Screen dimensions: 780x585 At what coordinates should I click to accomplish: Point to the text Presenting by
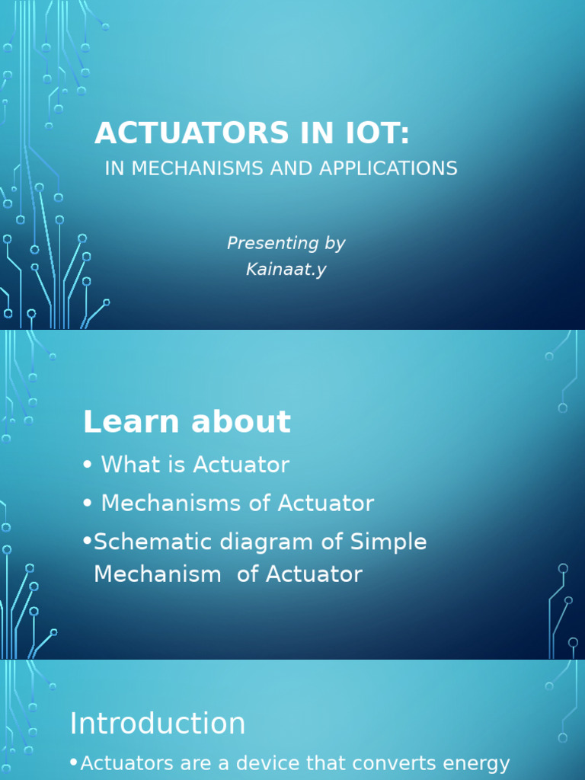(286, 243)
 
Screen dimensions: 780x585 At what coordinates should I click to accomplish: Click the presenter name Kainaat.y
(286, 269)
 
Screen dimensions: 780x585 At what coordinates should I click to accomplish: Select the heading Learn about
(187, 422)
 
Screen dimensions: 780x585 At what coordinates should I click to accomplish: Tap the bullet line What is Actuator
(195, 465)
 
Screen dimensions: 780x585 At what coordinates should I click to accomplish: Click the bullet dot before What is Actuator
(88, 465)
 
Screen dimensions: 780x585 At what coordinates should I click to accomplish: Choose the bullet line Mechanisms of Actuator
(237, 503)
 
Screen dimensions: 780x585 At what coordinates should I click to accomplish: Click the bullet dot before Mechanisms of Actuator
(88, 504)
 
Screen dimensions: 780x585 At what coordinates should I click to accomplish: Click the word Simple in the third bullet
(388, 543)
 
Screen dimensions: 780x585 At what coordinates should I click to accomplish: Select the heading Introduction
(158, 724)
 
